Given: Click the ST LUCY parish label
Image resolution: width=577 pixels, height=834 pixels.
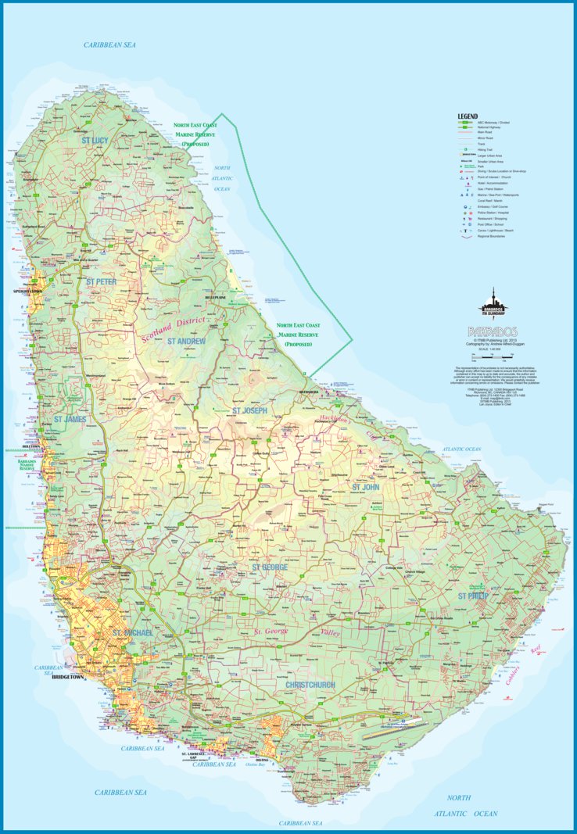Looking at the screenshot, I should (x=95, y=140).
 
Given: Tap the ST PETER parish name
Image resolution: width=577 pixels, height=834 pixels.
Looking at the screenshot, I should (x=101, y=281).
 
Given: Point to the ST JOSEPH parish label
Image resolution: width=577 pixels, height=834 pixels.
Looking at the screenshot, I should (x=249, y=410).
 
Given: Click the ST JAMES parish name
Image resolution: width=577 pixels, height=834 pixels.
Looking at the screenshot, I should (x=69, y=420).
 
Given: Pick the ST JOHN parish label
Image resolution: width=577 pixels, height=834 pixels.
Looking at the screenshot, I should (x=365, y=487).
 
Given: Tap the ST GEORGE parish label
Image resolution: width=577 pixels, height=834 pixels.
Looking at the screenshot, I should (x=269, y=567).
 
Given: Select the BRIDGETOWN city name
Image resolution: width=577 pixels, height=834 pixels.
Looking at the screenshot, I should (x=67, y=677).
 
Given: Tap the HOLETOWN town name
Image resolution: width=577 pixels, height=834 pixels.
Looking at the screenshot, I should (x=31, y=447).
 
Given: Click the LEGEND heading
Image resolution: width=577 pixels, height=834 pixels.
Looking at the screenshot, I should (x=468, y=116).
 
